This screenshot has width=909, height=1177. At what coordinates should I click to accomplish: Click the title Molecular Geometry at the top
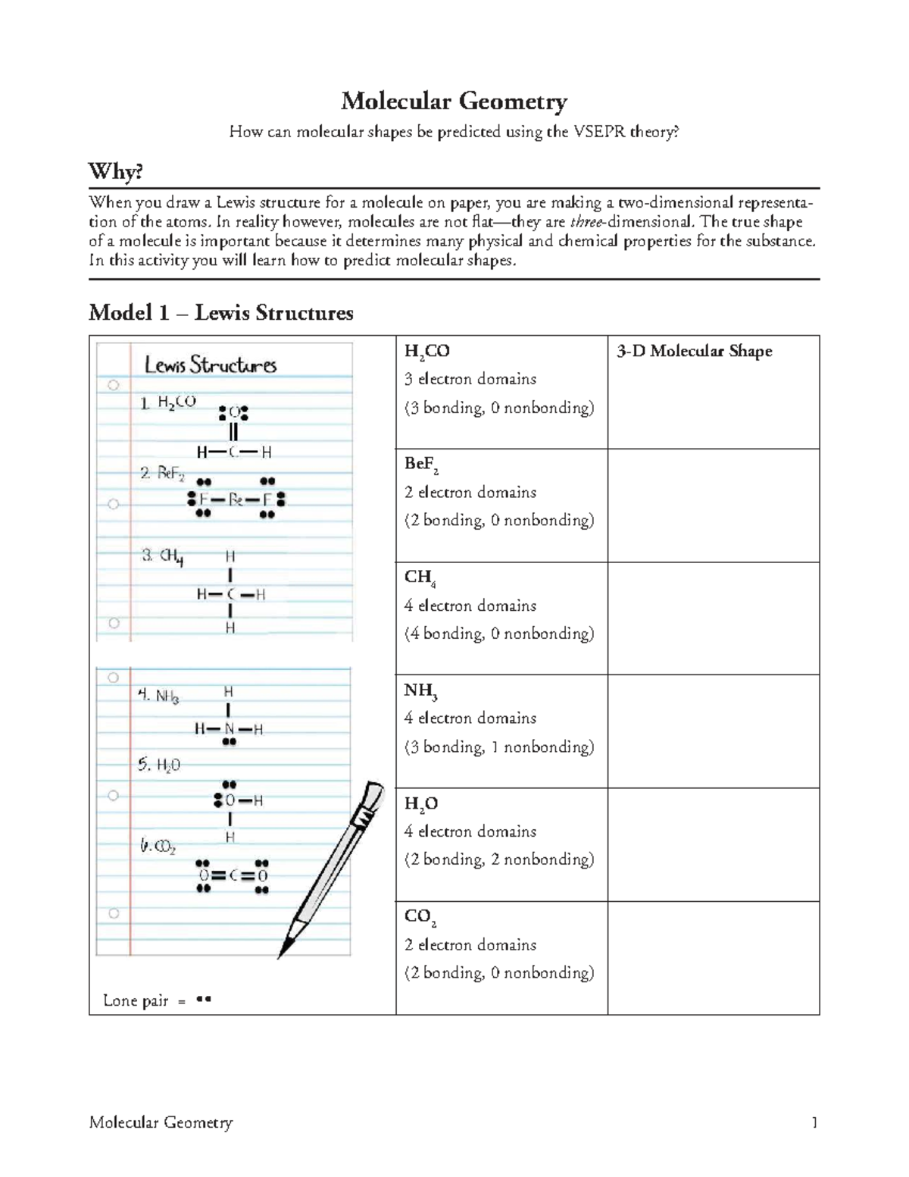454,101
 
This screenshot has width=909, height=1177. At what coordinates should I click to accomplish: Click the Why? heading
115,172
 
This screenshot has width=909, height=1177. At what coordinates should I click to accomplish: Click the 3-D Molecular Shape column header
694,351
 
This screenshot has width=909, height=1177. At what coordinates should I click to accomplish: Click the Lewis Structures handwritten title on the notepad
211,365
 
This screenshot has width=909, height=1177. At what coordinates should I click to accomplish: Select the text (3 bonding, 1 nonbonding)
499,747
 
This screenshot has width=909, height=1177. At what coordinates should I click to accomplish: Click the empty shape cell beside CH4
713,618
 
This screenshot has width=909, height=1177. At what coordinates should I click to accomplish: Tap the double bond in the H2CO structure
233,432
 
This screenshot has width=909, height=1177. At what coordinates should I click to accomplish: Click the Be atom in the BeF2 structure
236,500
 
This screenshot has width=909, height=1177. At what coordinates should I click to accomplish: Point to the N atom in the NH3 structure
229,729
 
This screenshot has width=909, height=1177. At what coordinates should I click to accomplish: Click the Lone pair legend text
136,1000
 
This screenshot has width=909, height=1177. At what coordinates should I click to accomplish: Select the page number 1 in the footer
814,1122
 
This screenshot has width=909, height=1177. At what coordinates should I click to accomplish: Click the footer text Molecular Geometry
161,1122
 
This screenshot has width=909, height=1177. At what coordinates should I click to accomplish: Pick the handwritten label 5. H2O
159,765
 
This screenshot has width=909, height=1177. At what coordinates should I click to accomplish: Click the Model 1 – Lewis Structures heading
220,312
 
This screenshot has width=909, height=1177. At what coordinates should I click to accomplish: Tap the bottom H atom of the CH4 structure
230,628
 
